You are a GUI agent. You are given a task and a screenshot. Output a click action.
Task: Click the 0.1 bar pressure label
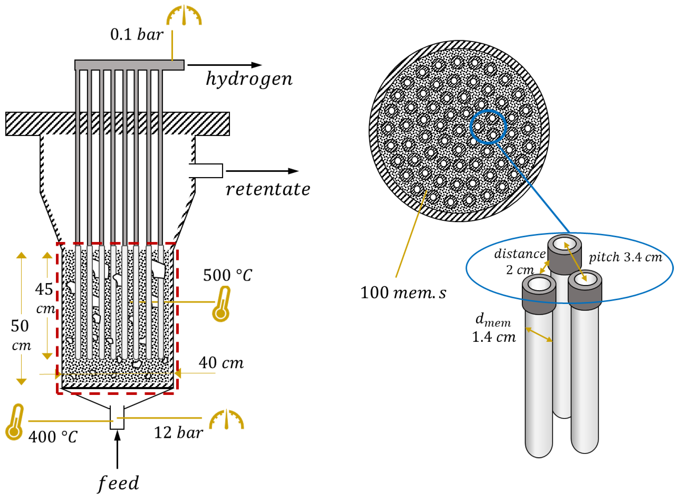point(137,34)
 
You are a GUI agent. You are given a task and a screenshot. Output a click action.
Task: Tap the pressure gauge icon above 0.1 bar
point(184,16)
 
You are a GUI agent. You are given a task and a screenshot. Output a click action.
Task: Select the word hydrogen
point(249,79)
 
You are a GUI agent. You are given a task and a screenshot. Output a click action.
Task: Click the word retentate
point(268,190)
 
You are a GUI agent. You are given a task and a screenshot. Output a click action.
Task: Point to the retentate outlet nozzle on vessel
point(206,171)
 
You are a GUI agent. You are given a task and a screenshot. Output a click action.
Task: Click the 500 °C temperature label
point(227,275)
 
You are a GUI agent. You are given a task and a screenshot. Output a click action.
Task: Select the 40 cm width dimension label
point(221,362)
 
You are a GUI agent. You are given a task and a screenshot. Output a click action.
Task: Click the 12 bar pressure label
point(178,433)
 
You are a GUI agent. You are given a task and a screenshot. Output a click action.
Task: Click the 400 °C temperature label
point(53,437)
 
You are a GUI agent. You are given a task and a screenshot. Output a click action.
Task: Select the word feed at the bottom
point(118,483)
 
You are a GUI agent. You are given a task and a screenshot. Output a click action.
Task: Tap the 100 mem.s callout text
point(403,293)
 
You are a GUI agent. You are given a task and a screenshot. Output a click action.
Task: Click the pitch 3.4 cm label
point(625,257)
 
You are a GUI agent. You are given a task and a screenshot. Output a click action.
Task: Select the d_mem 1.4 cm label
point(494,328)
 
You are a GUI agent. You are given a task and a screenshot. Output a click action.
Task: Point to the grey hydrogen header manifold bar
point(129,65)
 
